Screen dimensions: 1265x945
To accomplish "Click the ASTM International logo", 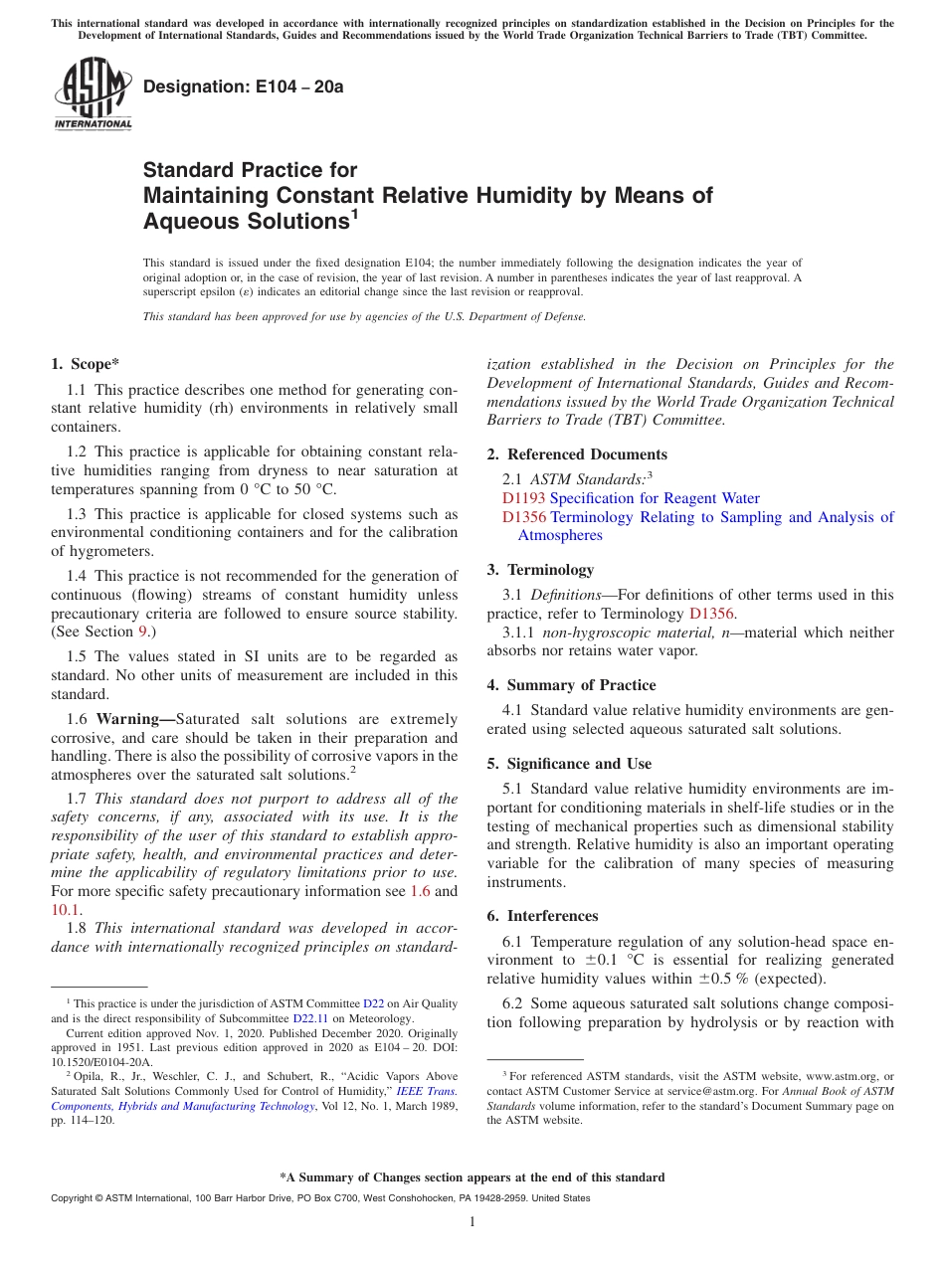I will point(93,94).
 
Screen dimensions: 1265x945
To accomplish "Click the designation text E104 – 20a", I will point(244,87).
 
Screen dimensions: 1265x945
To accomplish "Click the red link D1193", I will point(523,498).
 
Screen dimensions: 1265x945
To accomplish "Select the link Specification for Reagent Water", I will point(655,498).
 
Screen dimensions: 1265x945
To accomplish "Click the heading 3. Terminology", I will point(540,570).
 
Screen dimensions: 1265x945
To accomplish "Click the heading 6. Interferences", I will point(542,916).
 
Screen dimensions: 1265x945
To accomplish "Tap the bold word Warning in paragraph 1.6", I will point(131,719).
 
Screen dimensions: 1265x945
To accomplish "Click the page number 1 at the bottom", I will point(472,1221).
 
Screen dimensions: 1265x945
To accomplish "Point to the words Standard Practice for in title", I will point(250,170).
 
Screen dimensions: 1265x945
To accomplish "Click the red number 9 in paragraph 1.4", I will point(142,632).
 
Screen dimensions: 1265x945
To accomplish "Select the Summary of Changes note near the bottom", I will point(472,1177).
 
